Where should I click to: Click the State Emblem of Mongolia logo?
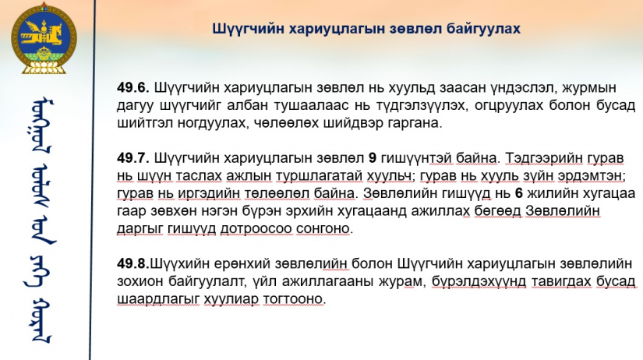tap(44, 39)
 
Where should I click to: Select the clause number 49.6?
tap(133, 87)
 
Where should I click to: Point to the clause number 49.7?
tap(133, 158)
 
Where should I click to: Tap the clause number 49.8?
tap(133, 263)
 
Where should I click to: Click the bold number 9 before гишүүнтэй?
tap(373, 158)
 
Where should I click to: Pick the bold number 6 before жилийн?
tap(519, 193)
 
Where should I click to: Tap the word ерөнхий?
tap(241, 263)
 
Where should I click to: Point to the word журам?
tap(403, 281)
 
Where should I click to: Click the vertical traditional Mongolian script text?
tap(42, 221)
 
